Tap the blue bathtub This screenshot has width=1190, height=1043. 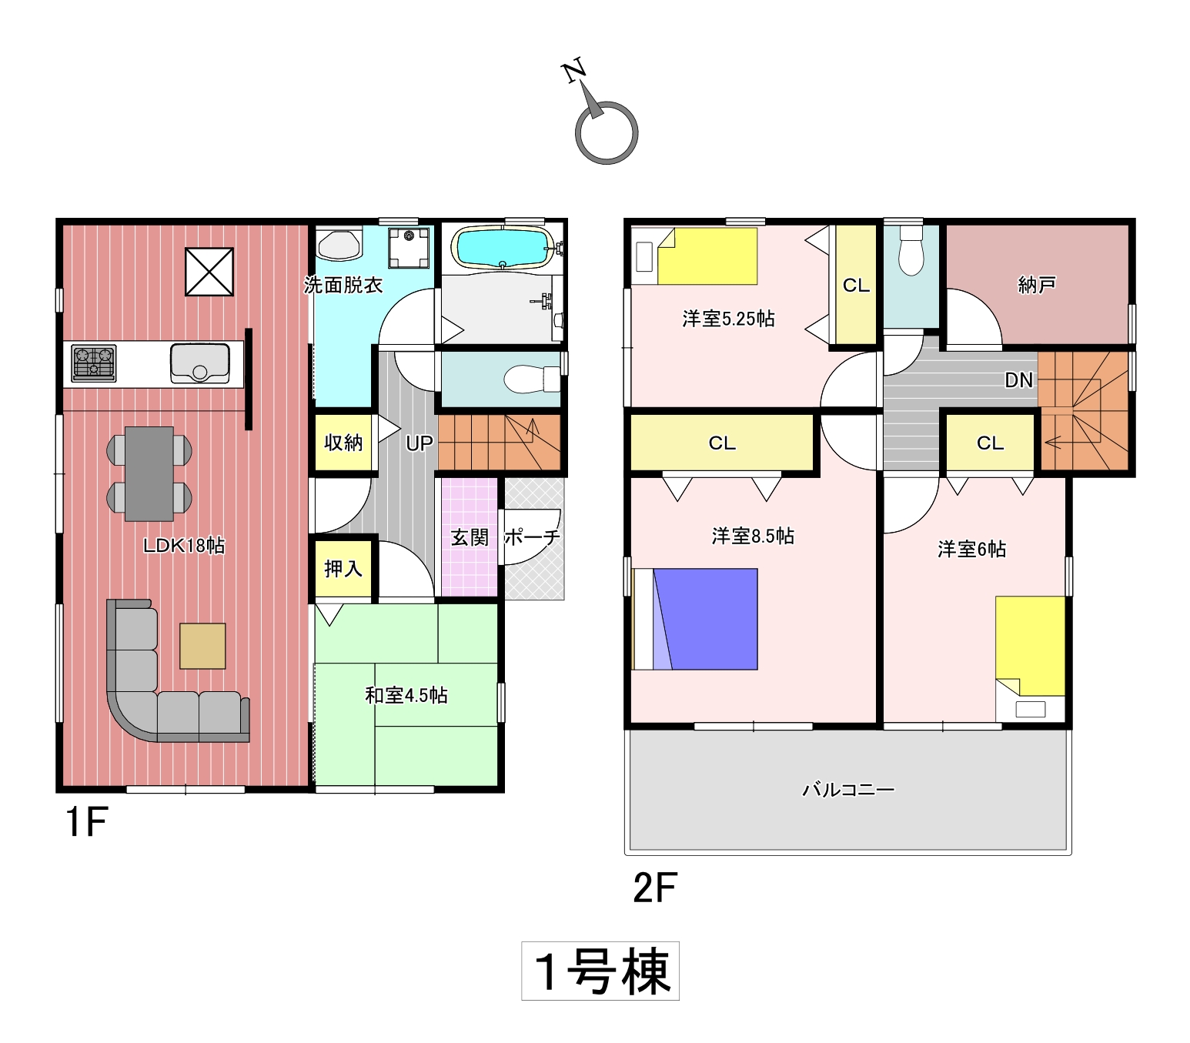[503, 247]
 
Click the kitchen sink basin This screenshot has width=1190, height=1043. [199, 363]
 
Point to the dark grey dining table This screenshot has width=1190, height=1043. [149, 473]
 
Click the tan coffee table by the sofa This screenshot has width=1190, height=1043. [202, 645]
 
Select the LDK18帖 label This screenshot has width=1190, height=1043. [184, 546]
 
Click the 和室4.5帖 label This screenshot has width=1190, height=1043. [406, 695]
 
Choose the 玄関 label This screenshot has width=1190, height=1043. [470, 537]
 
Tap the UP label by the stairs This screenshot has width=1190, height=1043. [420, 443]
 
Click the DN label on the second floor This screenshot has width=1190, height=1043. [1019, 380]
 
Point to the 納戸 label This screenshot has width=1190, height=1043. [1038, 285]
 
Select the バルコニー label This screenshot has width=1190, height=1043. [848, 789]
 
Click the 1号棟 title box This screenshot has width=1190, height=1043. [600, 971]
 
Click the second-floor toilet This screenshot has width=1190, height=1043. [911, 251]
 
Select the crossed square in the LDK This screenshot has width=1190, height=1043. [209, 271]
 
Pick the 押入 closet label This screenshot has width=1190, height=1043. [343, 569]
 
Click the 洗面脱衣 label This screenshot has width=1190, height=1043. [343, 286]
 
